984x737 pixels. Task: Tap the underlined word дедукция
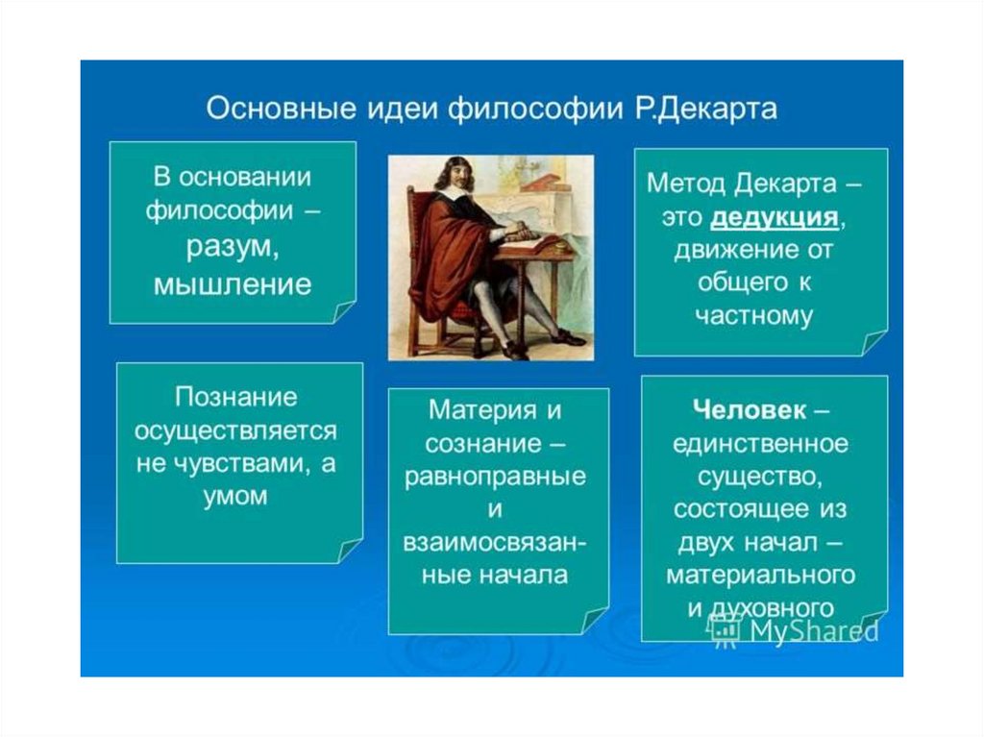click(774, 217)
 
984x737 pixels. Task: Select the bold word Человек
click(750, 410)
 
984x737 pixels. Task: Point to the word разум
click(231, 247)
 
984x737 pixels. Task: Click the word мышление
click(233, 283)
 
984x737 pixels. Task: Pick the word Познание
click(236, 397)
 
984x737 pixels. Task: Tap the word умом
click(235, 496)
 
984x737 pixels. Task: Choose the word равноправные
click(495, 477)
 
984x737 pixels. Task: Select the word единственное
click(760, 444)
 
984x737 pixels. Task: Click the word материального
click(761, 575)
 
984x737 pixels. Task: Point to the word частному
click(753, 314)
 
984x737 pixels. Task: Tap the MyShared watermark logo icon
click(725, 629)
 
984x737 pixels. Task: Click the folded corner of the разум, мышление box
click(344, 312)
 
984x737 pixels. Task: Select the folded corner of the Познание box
click(350, 552)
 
